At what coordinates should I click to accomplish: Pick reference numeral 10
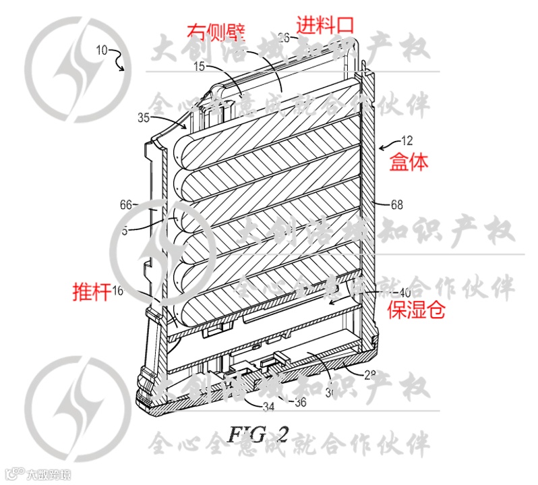coord(102,49)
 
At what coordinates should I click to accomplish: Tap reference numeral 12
coord(407,141)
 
